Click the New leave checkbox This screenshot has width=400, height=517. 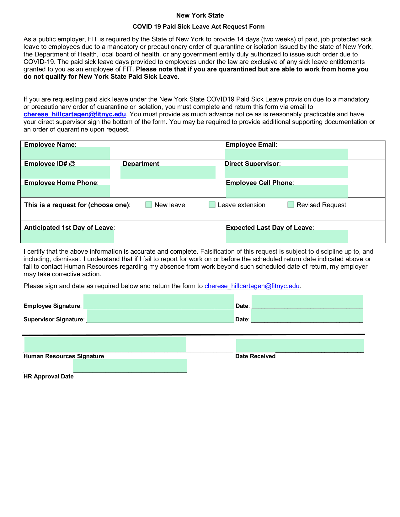[x=149, y=205]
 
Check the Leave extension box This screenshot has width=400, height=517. [x=212, y=205]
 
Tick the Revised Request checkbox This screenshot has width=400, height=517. [x=291, y=205]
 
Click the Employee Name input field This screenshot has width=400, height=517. [x=65, y=153]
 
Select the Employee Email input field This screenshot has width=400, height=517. [x=286, y=154]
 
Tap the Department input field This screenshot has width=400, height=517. [x=168, y=172]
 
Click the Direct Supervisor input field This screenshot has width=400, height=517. [x=286, y=172]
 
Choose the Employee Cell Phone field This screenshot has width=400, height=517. [x=287, y=192]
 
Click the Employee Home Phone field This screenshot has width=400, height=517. [x=65, y=191]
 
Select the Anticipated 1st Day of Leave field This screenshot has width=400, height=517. [x=67, y=236]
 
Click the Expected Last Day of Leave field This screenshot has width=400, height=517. [x=287, y=236]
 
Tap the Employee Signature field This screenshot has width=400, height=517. [x=158, y=302]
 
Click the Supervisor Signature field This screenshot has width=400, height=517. [x=160, y=316]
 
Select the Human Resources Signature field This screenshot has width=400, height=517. [x=105, y=345]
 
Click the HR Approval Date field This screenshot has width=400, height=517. [x=130, y=366]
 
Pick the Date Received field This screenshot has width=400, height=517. [x=300, y=346]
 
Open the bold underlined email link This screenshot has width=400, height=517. [x=75, y=114]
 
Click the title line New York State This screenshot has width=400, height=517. [x=200, y=15]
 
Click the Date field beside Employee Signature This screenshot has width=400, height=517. [x=307, y=302]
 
